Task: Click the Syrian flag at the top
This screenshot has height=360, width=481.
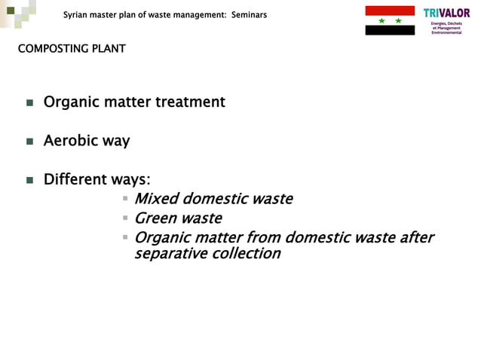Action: pos(390,20)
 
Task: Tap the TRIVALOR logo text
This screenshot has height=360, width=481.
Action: pos(446,13)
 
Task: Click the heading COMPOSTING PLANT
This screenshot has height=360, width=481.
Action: pos(72,50)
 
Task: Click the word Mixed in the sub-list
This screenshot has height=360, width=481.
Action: pos(157,199)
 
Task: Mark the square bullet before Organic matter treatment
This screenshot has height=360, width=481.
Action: pos(29,102)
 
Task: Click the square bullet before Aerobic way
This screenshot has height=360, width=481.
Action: pos(29,142)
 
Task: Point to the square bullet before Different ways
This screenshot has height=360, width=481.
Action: pos(29,181)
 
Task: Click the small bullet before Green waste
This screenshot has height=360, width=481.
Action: pos(126,218)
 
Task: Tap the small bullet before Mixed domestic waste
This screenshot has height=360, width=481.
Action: pos(126,199)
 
